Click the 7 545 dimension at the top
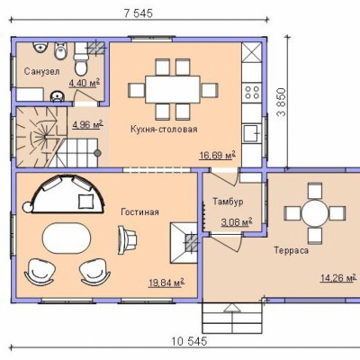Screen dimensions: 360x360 click(139, 13)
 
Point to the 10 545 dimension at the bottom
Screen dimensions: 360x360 click(189, 341)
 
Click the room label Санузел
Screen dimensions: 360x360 click(41, 71)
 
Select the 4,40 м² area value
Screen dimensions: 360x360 click(85, 83)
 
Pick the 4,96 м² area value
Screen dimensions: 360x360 click(87, 124)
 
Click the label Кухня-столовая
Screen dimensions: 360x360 click(164, 130)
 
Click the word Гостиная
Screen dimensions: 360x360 click(139, 212)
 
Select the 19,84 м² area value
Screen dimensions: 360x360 click(166, 283)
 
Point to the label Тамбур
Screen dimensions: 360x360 click(228, 202)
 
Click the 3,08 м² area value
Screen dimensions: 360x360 click(237, 222)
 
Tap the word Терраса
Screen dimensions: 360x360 click(291, 250)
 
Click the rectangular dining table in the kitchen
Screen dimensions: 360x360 click(173, 89)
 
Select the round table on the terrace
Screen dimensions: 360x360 click(315, 213)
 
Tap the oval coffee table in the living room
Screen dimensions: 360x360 click(67, 238)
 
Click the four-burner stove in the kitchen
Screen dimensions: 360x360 click(252, 93)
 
